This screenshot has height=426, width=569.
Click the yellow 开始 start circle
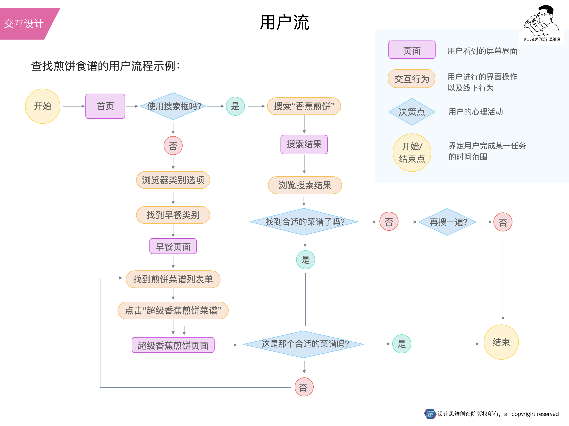[43, 106]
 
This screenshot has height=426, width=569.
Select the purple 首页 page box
[105, 106]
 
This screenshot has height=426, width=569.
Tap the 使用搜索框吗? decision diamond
[173, 106]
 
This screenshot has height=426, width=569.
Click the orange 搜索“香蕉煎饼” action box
[304, 106]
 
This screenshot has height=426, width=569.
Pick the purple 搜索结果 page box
[304, 144]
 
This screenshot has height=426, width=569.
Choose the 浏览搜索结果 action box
[305, 185]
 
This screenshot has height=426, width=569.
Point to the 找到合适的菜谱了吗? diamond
[304, 222]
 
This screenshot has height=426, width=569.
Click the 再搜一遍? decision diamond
[447, 222]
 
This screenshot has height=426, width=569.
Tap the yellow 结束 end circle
[501, 342]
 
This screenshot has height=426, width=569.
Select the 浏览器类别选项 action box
[173, 180]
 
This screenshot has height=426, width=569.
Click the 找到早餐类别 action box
[173, 215]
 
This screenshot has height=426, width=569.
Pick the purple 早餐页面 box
[173, 246]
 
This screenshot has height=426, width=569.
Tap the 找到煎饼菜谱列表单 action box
[173, 279]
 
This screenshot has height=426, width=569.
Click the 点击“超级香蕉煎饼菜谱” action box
[173, 310]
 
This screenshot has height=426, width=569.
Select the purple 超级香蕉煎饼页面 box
[173, 345]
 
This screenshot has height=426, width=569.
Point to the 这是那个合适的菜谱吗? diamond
[304, 344]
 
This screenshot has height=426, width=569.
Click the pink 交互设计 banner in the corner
[24, 24]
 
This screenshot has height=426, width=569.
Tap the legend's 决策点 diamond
[412, 112]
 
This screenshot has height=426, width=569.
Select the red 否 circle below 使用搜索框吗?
[173, 146]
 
